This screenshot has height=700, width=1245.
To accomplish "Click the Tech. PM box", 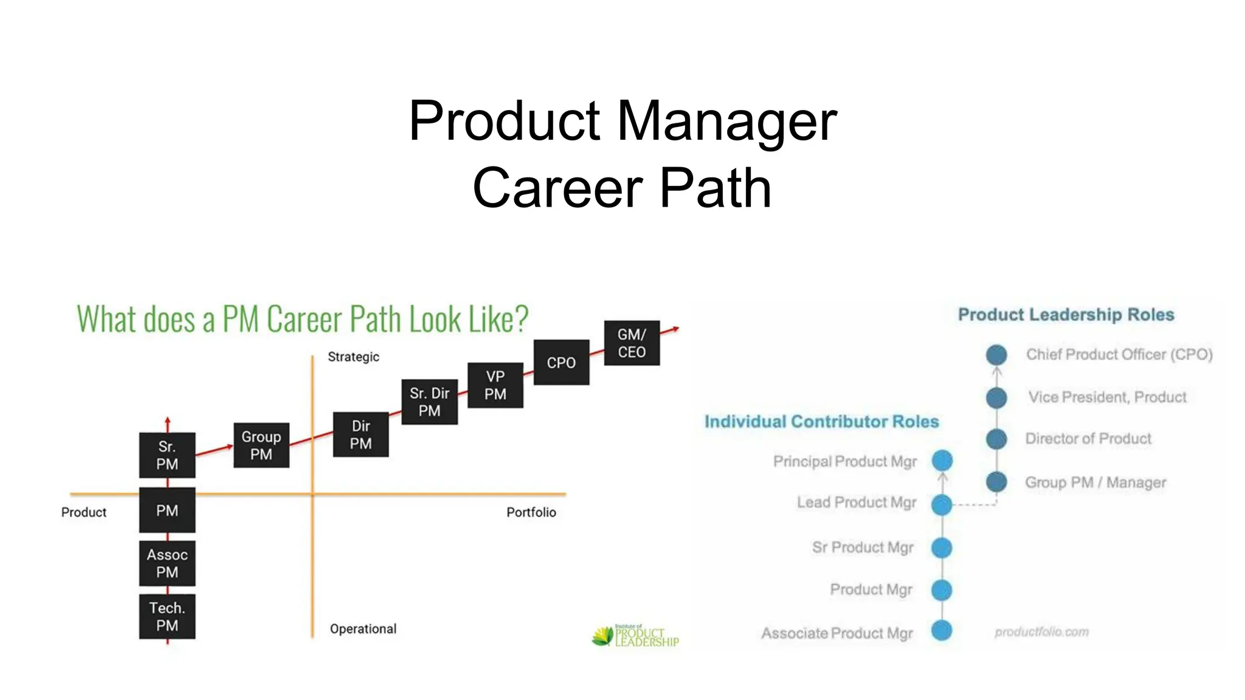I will click(167, 616).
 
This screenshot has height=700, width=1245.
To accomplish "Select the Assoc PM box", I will click(167, 563).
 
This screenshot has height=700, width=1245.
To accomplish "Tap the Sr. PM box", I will click(167, 455).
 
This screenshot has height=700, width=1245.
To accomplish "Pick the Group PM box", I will click(261, 445).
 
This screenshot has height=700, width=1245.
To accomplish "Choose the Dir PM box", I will click(360, 434).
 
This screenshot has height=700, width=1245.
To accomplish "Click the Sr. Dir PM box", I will click(429, 402).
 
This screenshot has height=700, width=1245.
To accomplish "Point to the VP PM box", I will click(495, 385).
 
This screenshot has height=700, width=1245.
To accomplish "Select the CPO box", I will click(561, 362).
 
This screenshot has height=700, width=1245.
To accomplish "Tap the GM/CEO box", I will click(632, 343).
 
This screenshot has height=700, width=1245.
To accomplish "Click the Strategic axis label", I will click(353, 357).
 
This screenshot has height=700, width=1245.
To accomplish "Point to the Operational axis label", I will click(363, 629).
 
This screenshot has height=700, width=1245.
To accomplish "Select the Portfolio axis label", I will click(531, 512).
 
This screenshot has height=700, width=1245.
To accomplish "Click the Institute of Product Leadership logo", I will click(635, 636).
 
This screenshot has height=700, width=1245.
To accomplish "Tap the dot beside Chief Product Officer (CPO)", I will click(996, 355).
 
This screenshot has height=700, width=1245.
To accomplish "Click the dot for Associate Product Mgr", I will click(942, 631).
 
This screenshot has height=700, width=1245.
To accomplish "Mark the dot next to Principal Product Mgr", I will click(942, 461).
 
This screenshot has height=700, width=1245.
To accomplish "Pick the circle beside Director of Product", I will click(996, 439).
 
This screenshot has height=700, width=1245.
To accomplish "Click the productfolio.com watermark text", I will click(1041, 632).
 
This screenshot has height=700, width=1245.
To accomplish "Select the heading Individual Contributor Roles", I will click(821, 422).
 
